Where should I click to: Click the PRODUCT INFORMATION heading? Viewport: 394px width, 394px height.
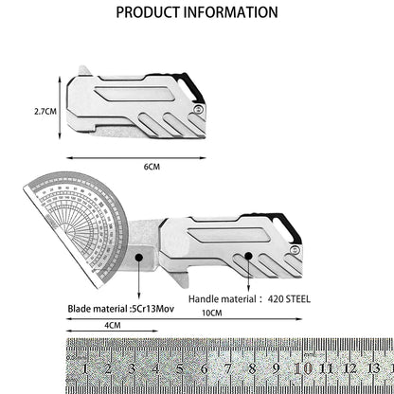pyautogui.click(x=197, y=12)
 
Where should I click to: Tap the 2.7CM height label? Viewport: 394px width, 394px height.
pyautogui.click(x=45, y=111)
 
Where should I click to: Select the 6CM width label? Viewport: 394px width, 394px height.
pyautogui.click(x=152, y=167)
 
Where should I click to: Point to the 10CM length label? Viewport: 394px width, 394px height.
pyautogui.click(x=212, y=313)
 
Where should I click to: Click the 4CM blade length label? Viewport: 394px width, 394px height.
pyautogui.click(x=113, y=325)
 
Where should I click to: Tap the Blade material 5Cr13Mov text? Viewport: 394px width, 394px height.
pyautogui.click(x=121, y=309)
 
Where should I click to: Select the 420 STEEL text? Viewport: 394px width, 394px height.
pyautogui.click(x=289, y=299)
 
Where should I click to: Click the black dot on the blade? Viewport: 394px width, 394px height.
pyautogui.click(x=139, y=258)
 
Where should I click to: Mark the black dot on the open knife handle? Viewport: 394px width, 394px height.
pyautogui.click(x=249, y=256)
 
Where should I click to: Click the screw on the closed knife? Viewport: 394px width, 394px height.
pyautogui.click(x=199, y=109)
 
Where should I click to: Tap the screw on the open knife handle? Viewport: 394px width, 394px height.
pyautogui.click(x=295, y=250)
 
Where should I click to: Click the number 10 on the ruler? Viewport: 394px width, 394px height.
pyautogui.click(x=303, y=368)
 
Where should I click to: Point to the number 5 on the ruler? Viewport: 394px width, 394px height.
pyautogui.click(x=180, y=368)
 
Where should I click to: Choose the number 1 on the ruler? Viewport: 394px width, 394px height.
pyautogui.click(x=84, y=368)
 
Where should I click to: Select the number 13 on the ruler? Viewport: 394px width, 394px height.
pyautogui.click(x=374, y=368)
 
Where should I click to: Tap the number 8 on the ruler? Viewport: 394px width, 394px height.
pyautogui.click(x=252, y=368)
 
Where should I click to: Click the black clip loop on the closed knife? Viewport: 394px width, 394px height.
pyautogui.click(x=189, y=87)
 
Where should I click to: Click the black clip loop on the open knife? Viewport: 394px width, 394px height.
pyautogui.click(x=287, y=227)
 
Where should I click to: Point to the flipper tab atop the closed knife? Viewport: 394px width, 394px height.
pyautogui.click(x=84, y=71)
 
